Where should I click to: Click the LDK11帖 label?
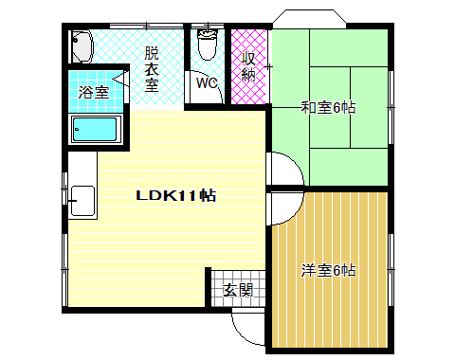click(177, 196)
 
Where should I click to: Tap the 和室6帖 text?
click(329, 107)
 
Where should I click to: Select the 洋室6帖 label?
click(329, 270)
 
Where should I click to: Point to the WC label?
click(207, 83)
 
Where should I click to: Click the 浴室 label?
click(94, 93)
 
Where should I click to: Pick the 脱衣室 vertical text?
click(152, 68)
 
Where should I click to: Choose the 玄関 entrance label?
click(238, 291)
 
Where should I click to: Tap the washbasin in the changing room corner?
click(81, 44)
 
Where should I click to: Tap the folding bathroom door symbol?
click(120, 77)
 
